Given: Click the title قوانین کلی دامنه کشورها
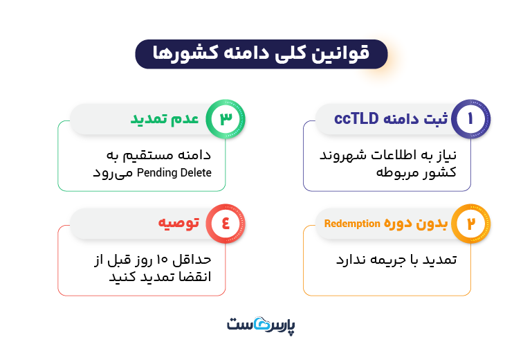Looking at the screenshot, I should click(261, 54).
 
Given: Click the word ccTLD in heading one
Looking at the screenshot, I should click(356, 118).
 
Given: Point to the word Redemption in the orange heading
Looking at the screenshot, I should click(353, 224).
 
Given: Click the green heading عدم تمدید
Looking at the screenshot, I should click(165, 119).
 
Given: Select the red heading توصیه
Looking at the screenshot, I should click(177, 224).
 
